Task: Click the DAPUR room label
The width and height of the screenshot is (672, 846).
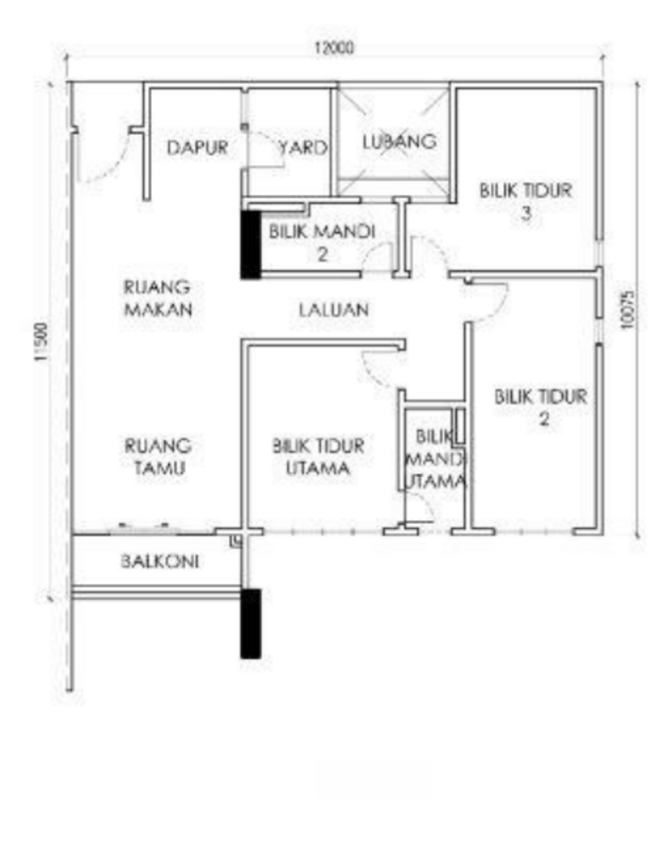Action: pos(197,148)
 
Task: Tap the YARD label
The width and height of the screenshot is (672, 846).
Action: pos(303,148)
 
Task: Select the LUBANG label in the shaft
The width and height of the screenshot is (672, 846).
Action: pos(399,142)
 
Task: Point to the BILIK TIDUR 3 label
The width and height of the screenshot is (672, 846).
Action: pos(526,202)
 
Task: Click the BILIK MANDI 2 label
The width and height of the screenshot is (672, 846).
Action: pos(322,243)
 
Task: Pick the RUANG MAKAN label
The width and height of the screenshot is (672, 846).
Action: pos(158,298)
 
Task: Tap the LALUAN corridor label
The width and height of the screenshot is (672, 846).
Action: pos(333,310)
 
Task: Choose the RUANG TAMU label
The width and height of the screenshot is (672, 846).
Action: pos(158,457)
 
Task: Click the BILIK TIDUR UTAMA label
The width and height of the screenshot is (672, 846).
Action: pos(318,457)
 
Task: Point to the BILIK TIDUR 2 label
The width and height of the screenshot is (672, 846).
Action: pos(541,408)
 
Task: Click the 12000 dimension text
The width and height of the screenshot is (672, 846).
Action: pos(334,48)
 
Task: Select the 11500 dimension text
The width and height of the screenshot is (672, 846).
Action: pos(41,342)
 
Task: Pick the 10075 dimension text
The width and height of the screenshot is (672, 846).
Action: pos(627,310)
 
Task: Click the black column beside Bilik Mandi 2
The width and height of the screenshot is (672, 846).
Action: pos(251,245)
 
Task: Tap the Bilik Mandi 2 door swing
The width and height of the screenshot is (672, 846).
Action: pos(376,254)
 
